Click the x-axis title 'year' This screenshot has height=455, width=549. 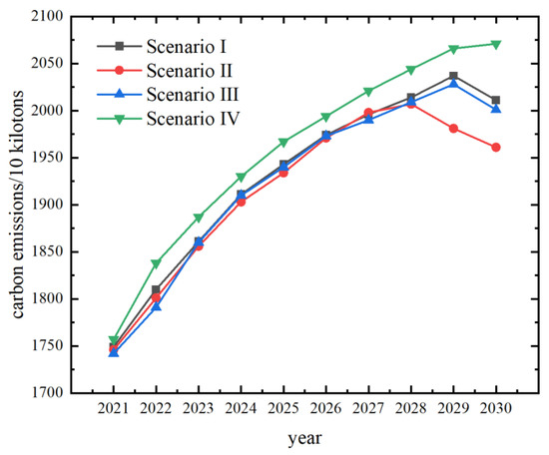coord(304,437)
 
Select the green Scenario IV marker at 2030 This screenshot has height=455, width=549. coord(496,44)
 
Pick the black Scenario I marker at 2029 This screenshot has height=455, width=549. coord(454,76)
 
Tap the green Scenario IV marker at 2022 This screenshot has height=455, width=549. coord(156,263)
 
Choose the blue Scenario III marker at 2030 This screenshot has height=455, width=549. coord(496,109)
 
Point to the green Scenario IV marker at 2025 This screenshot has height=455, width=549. coord(283,142)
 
